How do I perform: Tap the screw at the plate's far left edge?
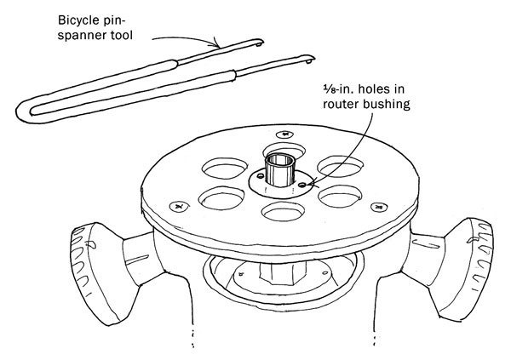pyautogui.click(x=178, y=205)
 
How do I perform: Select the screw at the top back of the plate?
pyautogui.click(x=282, y=134)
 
